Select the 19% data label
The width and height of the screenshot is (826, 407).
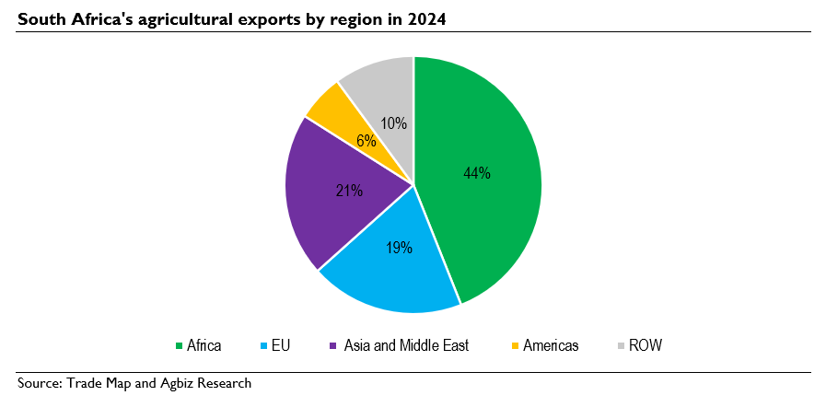[x=399, y=247]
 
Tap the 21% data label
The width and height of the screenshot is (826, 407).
[x=349, y=191]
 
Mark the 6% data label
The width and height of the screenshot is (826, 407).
[x=366, y=141]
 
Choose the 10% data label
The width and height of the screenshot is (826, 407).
[x=393, y=122]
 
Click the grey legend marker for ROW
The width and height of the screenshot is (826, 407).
[x=621, y=346]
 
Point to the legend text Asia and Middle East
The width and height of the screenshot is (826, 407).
[x=406, y=346]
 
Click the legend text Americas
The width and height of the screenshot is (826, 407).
[x=551, y=346]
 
